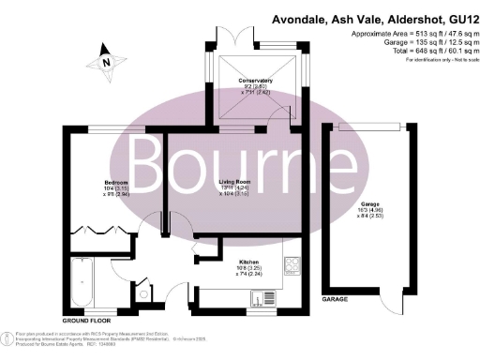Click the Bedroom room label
pyautogui.click(x=116, y=181)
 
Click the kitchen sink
pyautogui.click(x=255, y=301)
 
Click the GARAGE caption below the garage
pyautogui.click(x=336, y=299)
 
